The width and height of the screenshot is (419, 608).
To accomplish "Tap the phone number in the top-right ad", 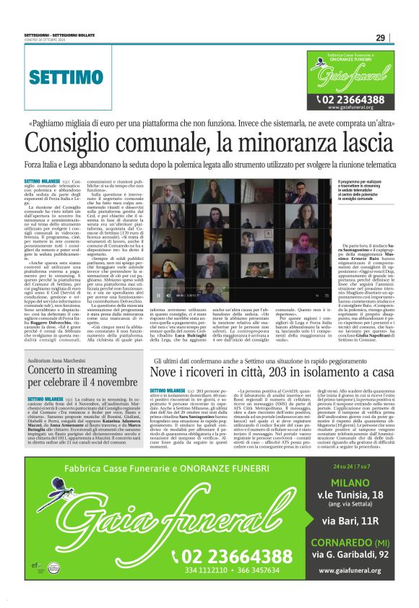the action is [354, 99].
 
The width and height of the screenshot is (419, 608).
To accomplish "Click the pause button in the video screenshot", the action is [159, 295].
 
